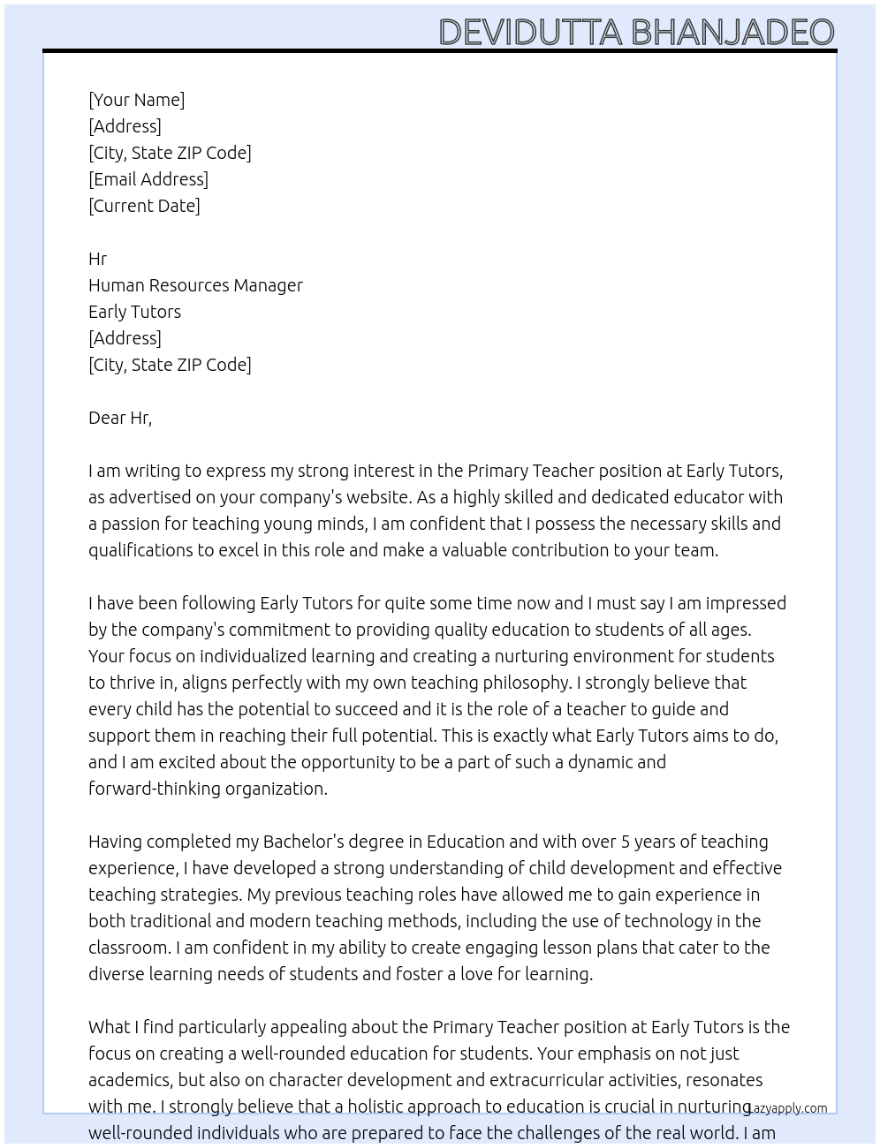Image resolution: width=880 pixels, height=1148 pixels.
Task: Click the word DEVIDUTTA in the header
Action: pyautogui.click(x=531, y=33)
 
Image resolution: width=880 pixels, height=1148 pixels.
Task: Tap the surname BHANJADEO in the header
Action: pyautogui.click(x=732, y=33)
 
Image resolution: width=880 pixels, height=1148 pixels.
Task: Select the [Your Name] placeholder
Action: pyautogui.click(x=137, y=100)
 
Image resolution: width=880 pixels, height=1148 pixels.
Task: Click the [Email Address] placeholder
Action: pyautogui.click(x=148, y=179)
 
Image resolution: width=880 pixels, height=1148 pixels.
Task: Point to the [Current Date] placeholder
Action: pyautogui.click(x=144, y=206)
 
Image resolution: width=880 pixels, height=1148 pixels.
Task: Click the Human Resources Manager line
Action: pyautogui.click(x=195, y=285)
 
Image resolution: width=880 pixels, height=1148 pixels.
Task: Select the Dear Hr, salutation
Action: pyautogui.click(x=120, y=418)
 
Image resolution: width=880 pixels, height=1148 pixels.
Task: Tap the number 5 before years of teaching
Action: pyautogui.click(x=626, y=842)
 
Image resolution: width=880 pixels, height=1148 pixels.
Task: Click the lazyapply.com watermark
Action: pyautogui.click(x=787, y=1108)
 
